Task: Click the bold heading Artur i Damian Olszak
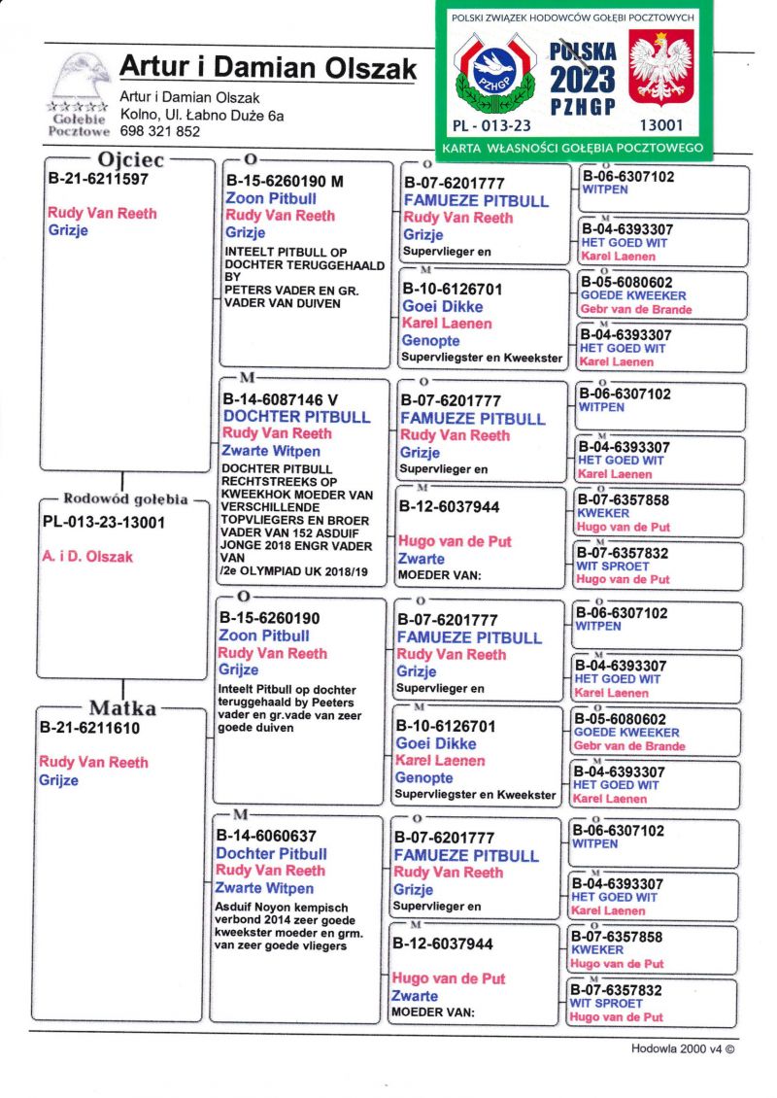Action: pos(267,68)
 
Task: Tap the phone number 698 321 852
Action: pos(160,131)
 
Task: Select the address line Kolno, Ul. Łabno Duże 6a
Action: pos(202,115)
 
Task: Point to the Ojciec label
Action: pos(131,159)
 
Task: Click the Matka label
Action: pos(122,707)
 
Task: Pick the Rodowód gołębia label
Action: pos(124,499)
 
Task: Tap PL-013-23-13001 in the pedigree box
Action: pos(104,522)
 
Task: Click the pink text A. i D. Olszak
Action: pos(88,557)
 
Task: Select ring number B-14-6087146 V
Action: pos(281,398)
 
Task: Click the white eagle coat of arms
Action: pos(660,68)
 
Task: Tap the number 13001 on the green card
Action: pos(660,125)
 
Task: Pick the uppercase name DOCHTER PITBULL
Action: pos(296,416)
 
